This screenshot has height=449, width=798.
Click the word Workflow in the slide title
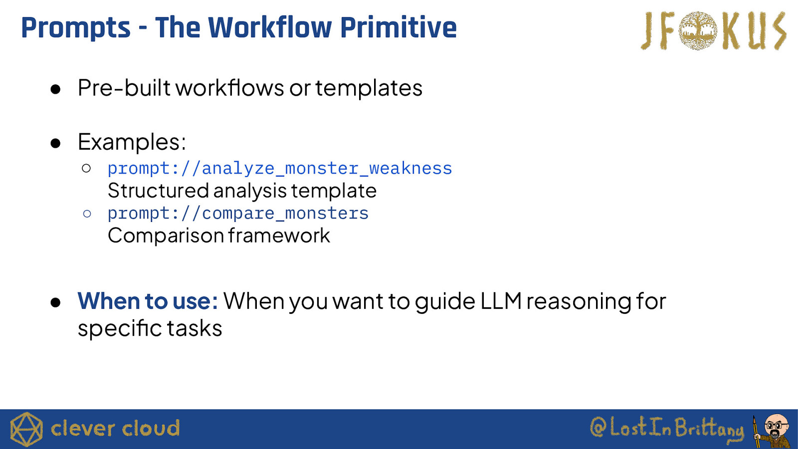(x=269, y=27)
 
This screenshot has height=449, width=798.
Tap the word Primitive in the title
(x=399, y=27)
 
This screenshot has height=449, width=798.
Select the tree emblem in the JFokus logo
(x=698, y=30)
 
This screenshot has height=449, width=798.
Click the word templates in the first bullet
(x=369, y=88)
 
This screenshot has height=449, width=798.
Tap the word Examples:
(x=132, y=142)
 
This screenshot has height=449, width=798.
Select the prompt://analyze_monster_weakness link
(x=280, y=169)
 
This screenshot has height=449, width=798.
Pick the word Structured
(x=158, y=191)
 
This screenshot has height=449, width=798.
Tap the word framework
(x=279, y=235)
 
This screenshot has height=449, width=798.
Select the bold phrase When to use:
(x=148, y=301)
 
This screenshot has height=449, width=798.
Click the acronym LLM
(x=501, y=301)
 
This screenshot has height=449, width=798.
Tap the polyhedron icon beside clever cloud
(x=26, y=430)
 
